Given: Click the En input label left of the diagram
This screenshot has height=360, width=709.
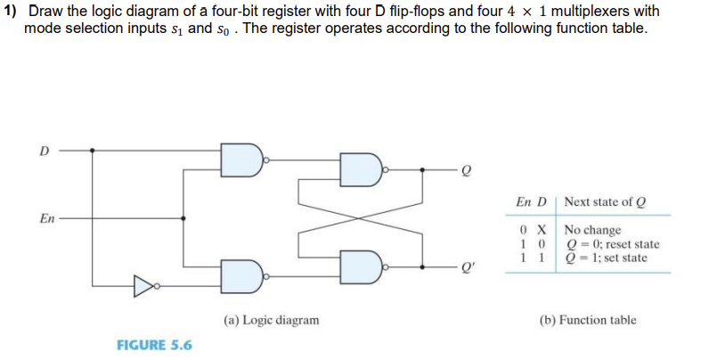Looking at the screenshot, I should pos(48,217).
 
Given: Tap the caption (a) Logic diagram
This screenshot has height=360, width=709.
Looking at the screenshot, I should pos(271,319).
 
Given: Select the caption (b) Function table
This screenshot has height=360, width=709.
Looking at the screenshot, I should pos(589,319).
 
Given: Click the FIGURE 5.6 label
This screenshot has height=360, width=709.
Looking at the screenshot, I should pos(154,344).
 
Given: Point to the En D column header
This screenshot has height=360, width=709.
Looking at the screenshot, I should pos(532,201).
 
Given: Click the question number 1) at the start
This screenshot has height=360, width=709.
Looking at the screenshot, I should pos(11,11).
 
